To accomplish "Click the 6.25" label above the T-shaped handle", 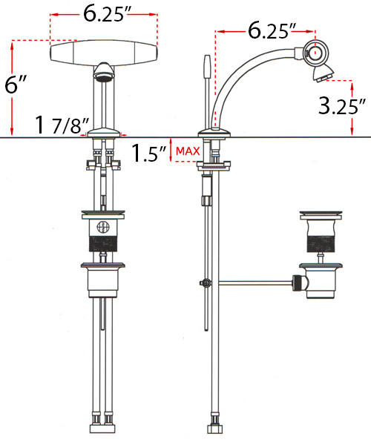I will point(103,13).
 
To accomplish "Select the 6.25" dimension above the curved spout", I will point(272,31).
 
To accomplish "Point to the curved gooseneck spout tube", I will point(245,74).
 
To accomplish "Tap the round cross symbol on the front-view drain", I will point(103,228).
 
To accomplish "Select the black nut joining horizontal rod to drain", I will point(298,283).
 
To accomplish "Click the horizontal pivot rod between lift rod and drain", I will point(252,282).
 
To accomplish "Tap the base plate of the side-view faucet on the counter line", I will point(215,133).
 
